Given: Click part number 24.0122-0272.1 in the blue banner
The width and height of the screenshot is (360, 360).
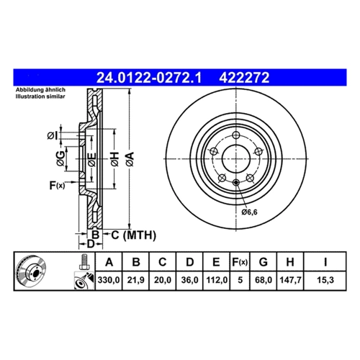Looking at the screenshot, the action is (x=149, y=78).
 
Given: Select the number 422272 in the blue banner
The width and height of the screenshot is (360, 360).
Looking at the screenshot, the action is (x=244, y=78).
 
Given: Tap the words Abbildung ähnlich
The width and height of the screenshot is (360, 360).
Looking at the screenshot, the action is (x=40, y=90).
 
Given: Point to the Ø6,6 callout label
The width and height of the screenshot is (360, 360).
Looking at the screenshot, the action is (x=249, y=212).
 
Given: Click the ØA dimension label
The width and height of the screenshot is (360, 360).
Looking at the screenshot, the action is (x=130, y=159).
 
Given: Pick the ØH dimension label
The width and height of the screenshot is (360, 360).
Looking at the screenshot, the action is (x=115, y=159).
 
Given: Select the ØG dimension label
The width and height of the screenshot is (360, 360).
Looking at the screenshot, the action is (x=60, y=158).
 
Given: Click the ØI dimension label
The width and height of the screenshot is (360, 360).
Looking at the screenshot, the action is (x=53, y=136).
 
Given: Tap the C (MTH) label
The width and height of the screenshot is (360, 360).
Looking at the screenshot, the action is (x=133, y=235).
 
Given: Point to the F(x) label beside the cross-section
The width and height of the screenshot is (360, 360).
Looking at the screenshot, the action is (x=57, y=185).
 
